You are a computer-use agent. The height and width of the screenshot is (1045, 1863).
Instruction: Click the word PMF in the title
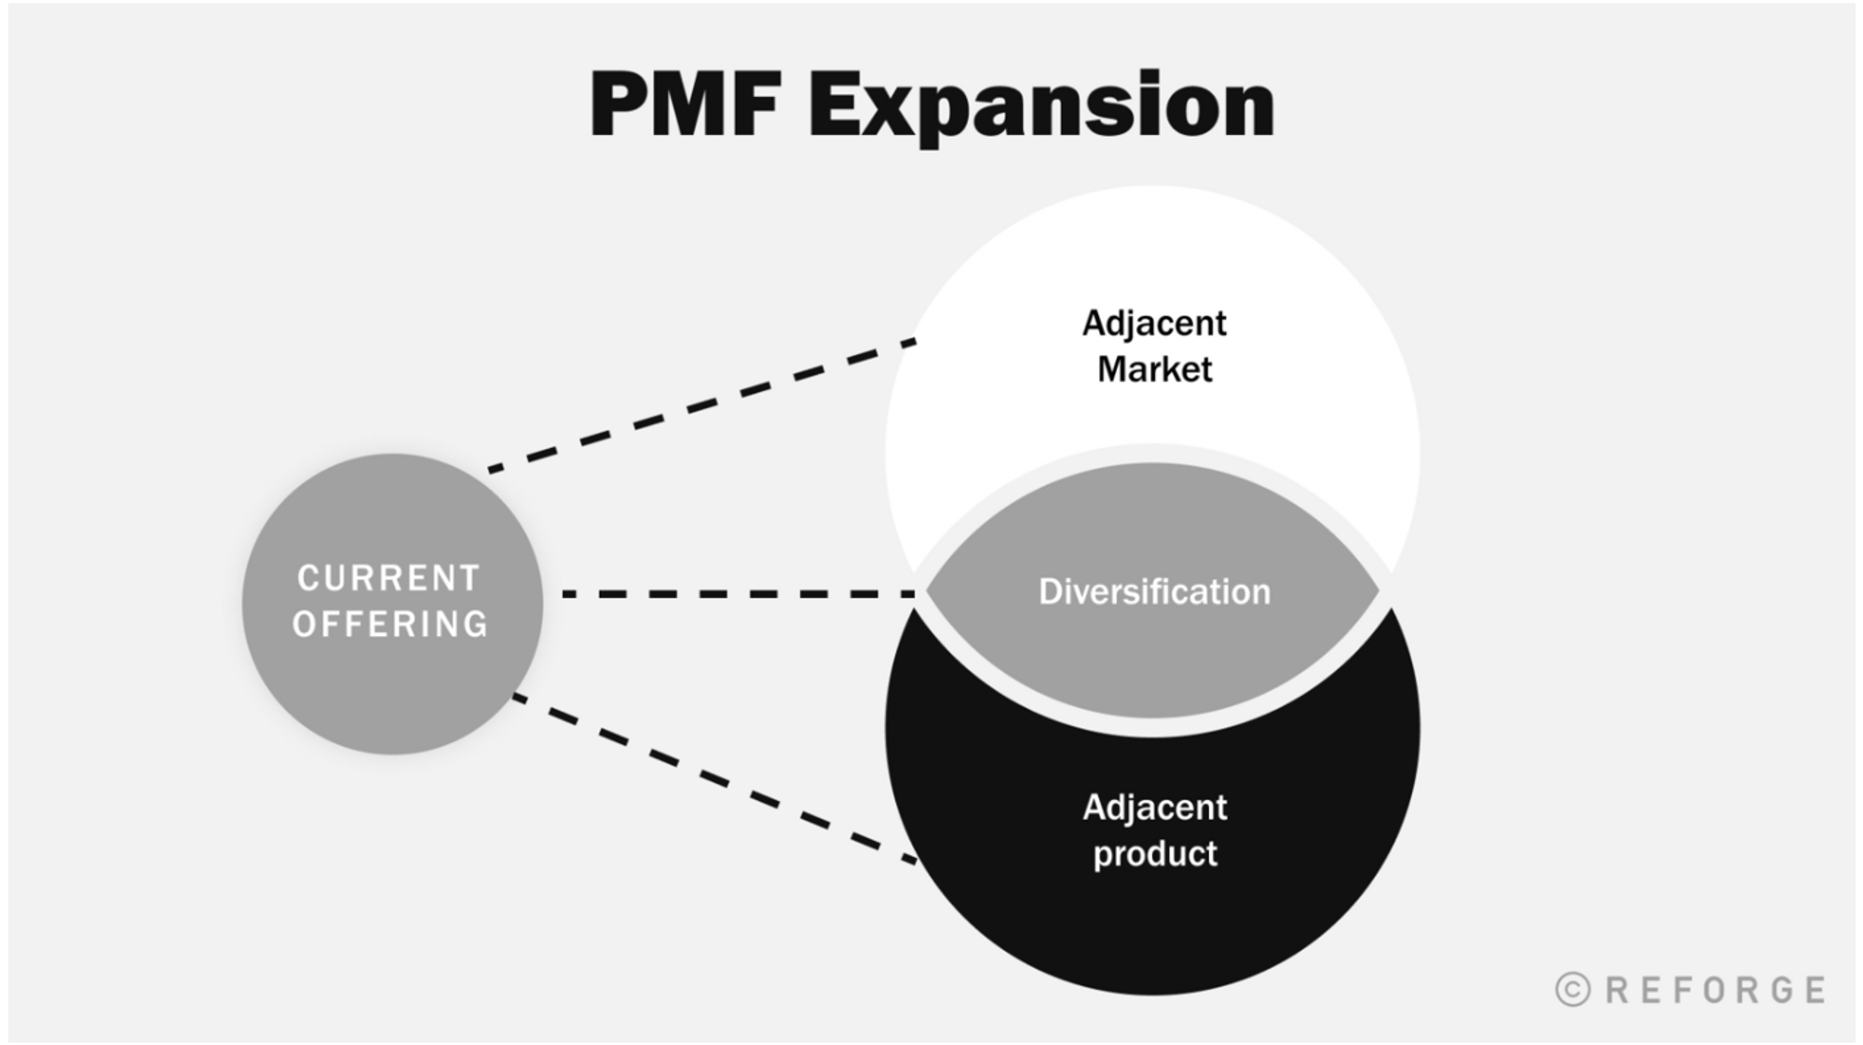[685, 104]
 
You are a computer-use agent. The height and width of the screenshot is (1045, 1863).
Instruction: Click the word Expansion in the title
[1040, 106]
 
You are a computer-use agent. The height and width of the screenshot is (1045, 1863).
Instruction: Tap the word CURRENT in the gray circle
[388, 578]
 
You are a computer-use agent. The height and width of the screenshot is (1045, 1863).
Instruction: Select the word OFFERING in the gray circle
[390, 624]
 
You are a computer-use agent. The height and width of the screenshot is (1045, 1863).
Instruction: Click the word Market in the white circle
[1154, 370]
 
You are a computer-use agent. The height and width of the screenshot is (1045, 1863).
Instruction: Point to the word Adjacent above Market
[1154, 323]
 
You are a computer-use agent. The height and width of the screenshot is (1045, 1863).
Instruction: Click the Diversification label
[1154, 591]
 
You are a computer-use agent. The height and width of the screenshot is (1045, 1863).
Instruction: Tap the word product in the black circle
[1154, 853]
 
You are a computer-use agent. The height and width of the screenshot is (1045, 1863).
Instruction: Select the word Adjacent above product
[1154, 807]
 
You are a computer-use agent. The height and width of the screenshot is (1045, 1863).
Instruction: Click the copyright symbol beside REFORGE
[1573, 989]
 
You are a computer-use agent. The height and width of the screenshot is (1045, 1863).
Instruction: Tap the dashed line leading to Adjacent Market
[703, 405]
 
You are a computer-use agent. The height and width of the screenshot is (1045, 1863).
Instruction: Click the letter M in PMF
[690, 104]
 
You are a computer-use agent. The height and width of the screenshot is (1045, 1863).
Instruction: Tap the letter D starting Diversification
[1050, 591]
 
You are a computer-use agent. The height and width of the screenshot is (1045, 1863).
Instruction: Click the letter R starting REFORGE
[1618, 989]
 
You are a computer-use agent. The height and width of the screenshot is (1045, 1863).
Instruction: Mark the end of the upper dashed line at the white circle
[913, 343]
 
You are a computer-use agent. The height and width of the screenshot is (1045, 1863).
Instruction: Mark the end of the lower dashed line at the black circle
[913, 861]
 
